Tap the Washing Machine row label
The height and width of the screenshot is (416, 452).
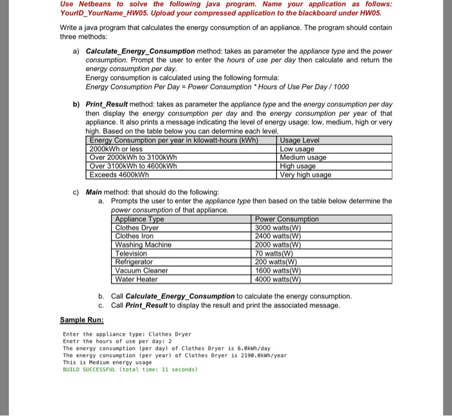[143, 244]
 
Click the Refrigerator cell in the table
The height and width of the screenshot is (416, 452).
[134, 262]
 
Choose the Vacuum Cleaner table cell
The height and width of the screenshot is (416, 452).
[141, 270]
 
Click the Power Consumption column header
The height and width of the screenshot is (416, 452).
[287, 219]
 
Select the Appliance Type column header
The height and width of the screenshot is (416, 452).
[139, 219]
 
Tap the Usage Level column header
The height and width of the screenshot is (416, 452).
[300, 141]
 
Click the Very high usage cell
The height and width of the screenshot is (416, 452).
[305, 175]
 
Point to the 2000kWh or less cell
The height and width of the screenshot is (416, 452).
[116, 149]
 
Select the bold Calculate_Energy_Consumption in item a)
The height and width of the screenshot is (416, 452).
[140, 50]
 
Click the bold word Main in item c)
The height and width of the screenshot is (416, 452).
[94, 192]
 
